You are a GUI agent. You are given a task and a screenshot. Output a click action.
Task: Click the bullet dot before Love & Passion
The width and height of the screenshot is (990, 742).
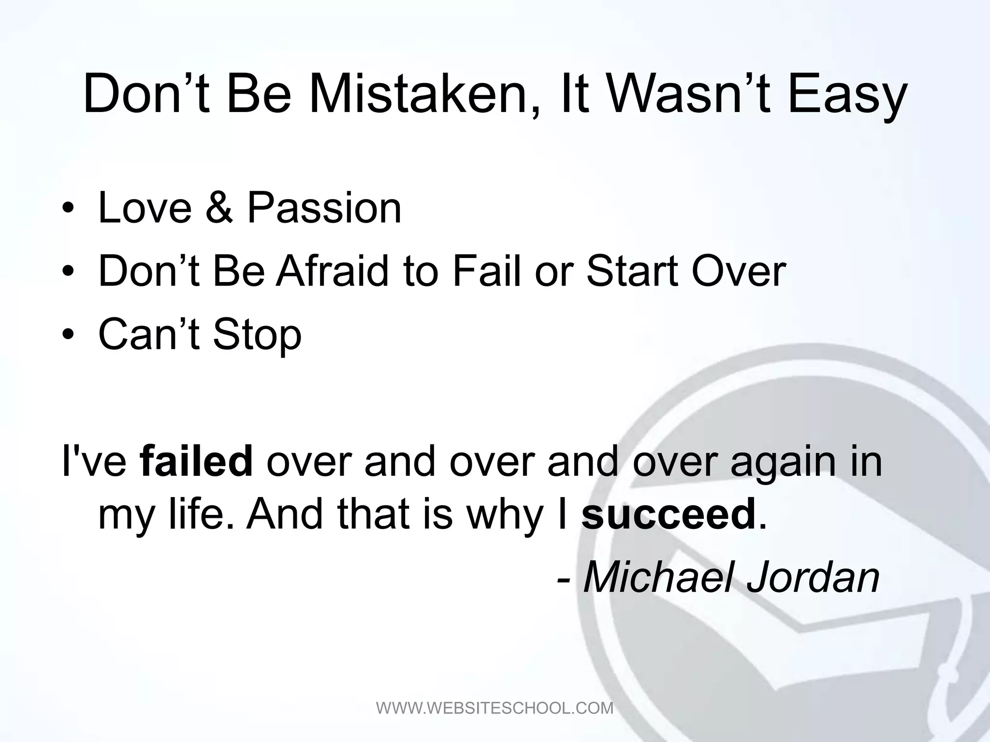tap(68, 209)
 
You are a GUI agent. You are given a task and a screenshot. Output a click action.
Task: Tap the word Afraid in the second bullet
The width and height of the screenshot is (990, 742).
tap(333, 271)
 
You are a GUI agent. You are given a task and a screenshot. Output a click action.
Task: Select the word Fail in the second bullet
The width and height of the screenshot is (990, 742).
tap(488, 271)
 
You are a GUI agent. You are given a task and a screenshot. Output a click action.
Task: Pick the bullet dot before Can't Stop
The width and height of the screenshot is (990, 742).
tap(68, 336)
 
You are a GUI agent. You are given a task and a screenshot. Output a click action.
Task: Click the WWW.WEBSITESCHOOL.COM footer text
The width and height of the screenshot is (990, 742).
tap(495, 708)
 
